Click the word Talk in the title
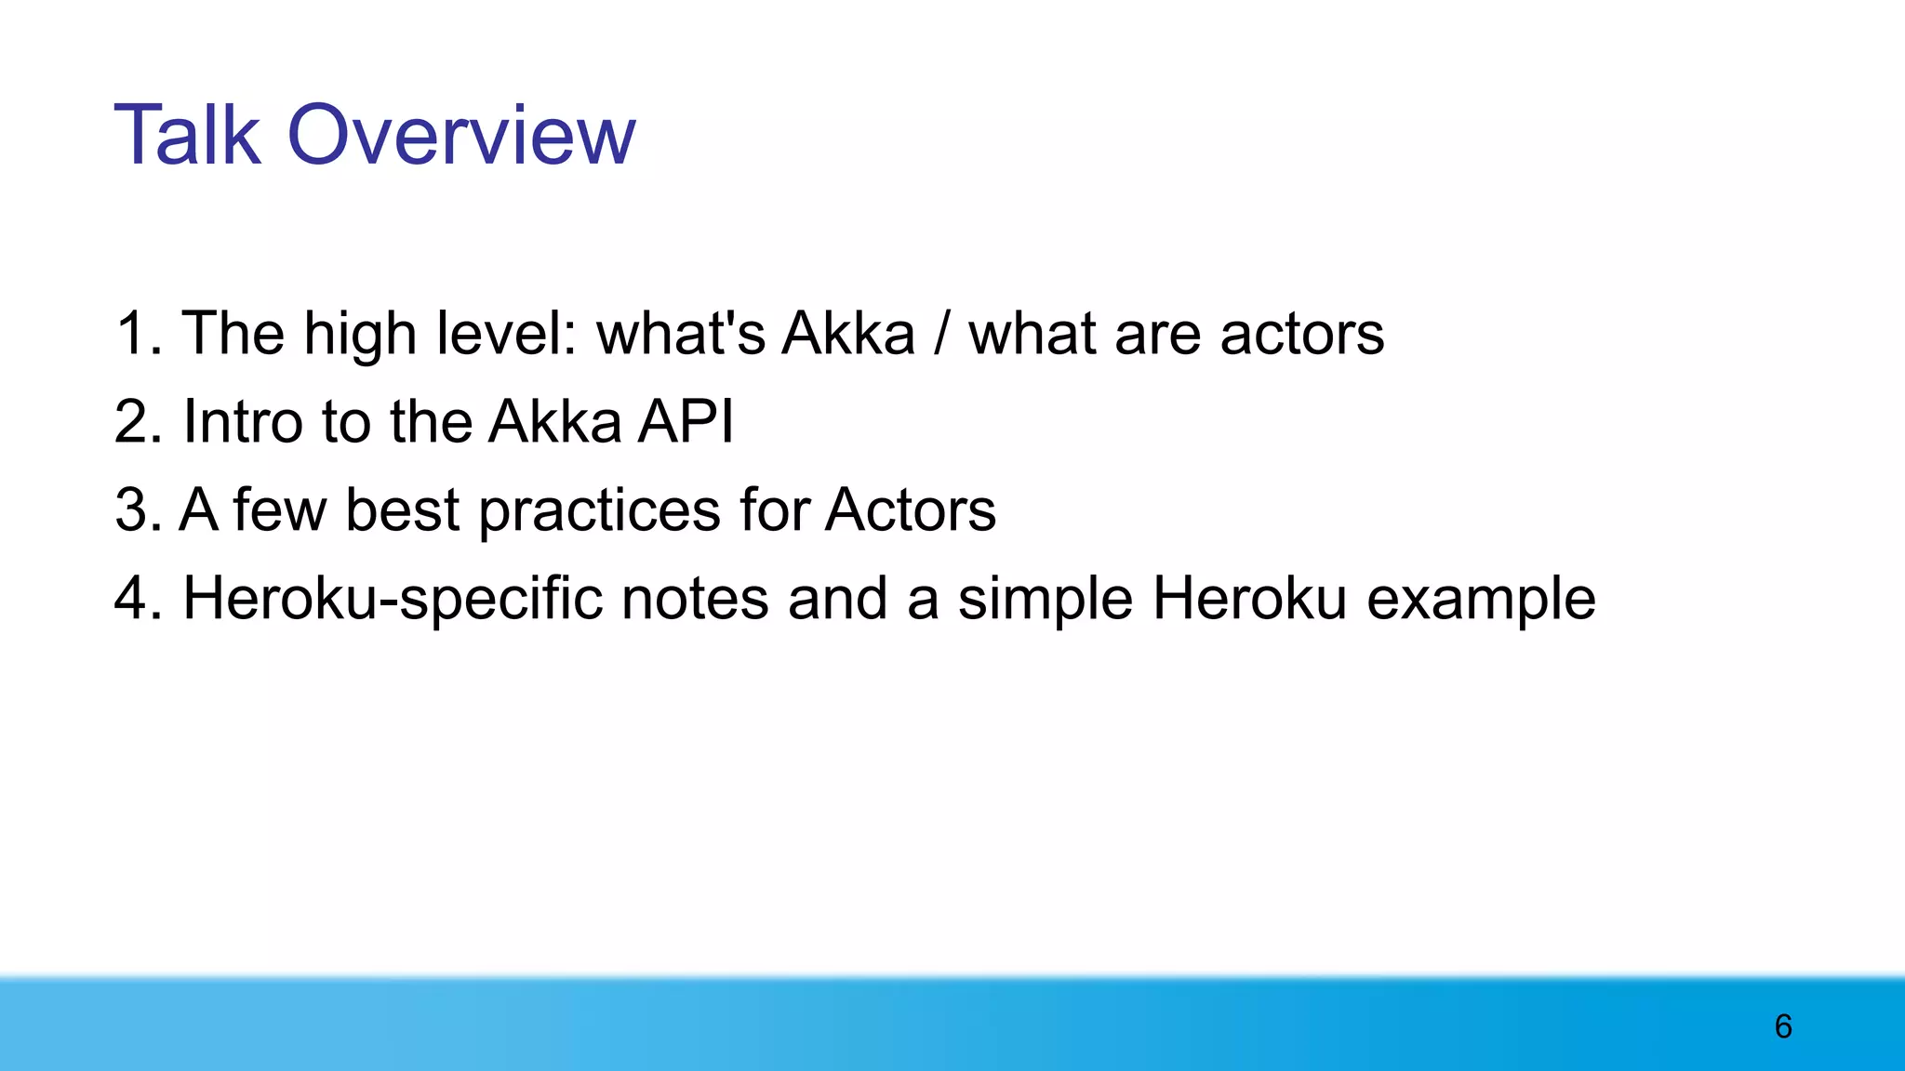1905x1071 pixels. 187,136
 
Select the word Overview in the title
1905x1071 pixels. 461,136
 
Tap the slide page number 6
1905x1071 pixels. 1782,1026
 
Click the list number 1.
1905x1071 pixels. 136,333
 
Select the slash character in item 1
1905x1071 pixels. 941,333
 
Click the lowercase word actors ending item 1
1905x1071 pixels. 1301,335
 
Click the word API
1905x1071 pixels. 686,421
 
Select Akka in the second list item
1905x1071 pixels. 554,421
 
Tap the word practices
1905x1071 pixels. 600,511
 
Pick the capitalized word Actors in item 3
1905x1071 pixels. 910,509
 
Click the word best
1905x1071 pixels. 402,509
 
